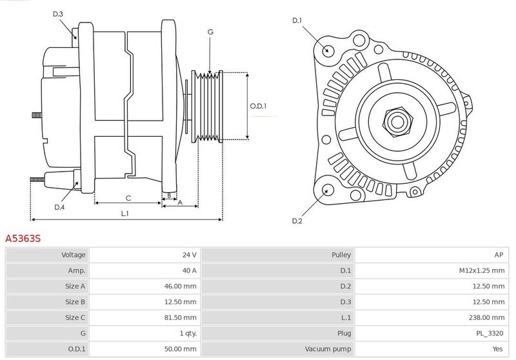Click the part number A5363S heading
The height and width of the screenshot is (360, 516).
click(x=23, y=238)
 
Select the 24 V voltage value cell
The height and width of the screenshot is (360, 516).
click(x=190, y=255)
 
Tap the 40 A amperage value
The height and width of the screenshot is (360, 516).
click(x=190, y=270)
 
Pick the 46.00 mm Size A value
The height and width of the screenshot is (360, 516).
click(x=181, y=286)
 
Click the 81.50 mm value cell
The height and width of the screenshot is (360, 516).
click(x=181, y=317)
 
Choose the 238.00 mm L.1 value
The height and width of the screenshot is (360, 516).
click(x=487, y=317)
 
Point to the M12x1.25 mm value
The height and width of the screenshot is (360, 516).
click(x=482, y=270)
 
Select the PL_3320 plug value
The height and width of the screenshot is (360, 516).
click(x=490, y=334)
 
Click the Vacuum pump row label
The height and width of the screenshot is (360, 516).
click(x=328, y=349)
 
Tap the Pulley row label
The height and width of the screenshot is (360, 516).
click(x=341, y=255)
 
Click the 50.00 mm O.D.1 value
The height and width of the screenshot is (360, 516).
click(x=181, y=349)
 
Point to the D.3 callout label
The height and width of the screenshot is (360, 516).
click(x=58, y=14)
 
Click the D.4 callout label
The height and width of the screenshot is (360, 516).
click(x=59, y=207)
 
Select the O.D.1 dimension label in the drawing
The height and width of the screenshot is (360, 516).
click(x=259, y=106)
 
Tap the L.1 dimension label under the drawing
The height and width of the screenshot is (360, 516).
click(x=124, y=214)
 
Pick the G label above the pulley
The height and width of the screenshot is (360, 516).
click(x=211, y=32)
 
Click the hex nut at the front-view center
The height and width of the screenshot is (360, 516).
click(x=397, y=122)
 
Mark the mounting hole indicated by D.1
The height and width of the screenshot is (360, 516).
click(x=327, y=50)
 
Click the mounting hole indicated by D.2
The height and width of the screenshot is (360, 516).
click(x=326, y=190)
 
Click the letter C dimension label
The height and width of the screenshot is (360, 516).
click(x=128, y=198)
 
